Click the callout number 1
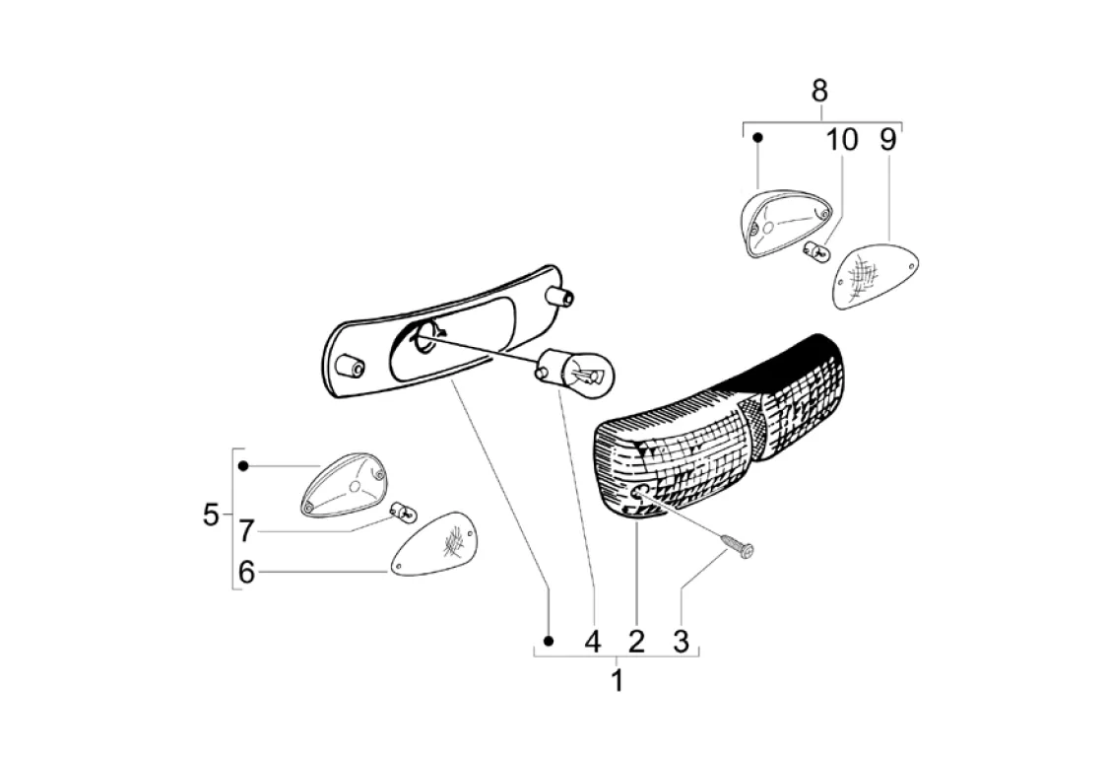tap(618, 680)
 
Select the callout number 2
tap(636, 642)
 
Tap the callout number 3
tap(681, 642)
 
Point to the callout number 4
tap(592, 642)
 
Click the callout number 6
tap(246, 572)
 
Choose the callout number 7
tap(246, 532)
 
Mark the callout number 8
tap(819, 91)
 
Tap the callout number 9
tap(887, 139)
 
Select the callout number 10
tap(842, 139)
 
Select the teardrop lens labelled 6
tap(434, 544)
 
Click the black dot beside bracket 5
tap(243, 465)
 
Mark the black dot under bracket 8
tap(757, 139)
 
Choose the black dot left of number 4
tap(550, 641)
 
